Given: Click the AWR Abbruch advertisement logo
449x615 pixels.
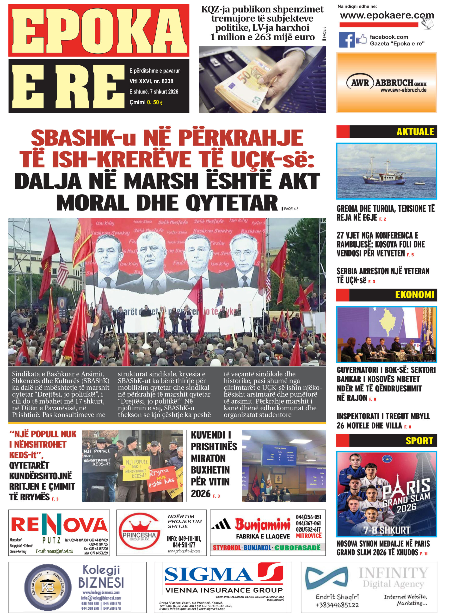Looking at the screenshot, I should (x=387, y=83).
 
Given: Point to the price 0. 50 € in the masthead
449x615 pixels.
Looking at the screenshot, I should (x=155, y=102).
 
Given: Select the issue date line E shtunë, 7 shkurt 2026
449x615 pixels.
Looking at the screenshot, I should (x=154, y=92).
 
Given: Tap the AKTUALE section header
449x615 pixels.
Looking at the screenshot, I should (x=415, y=132).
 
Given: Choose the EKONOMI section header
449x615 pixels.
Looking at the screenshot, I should (x=414, y=295).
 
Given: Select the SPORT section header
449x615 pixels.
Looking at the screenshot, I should (x=419, y=441).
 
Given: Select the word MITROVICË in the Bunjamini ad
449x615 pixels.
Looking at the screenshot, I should (x=308, y=536).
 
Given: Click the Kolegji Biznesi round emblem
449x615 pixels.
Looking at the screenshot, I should (x=48, y=588).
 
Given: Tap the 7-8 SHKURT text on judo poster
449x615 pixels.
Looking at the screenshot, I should (x=387, y=530).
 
